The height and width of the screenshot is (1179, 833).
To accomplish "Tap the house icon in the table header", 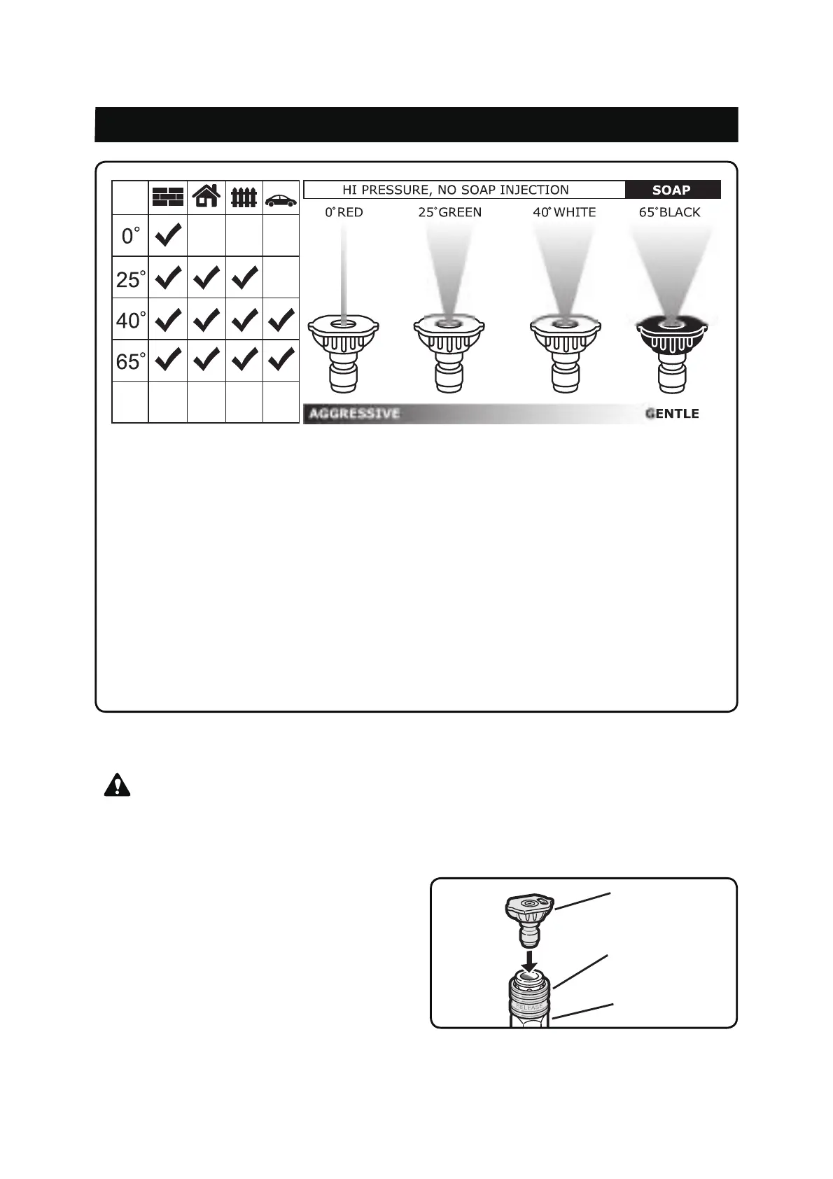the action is click(206, 196).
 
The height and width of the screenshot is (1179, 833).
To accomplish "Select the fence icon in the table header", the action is click(244, 197).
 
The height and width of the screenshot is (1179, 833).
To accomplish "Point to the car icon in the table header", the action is click(281, 200).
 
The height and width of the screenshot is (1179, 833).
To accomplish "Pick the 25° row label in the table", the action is click(131, 279).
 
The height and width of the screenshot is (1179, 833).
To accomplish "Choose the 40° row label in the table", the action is click(131, 320).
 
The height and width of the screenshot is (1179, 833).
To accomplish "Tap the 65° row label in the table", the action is click(131, 361).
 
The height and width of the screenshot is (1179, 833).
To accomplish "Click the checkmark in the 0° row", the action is click(168, 235).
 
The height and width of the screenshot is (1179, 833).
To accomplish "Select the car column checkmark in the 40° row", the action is click(281, 320).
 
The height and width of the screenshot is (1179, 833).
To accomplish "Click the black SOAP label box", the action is click(672, 190).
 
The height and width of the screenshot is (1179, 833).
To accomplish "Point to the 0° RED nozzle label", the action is click(344, 212).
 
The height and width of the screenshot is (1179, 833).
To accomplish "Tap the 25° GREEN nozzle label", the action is click(450, 212).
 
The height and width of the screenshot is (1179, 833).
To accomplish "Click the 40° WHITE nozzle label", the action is click(564, 212).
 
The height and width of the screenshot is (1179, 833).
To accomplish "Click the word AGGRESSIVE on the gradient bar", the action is click(354, 414).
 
